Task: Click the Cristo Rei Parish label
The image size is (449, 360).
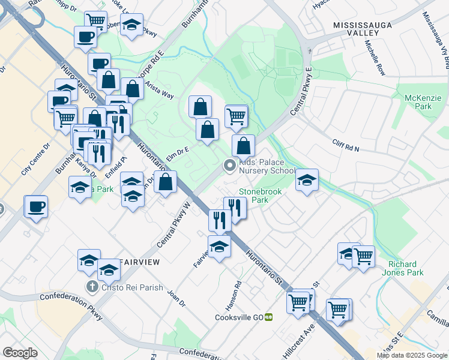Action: [132, 287]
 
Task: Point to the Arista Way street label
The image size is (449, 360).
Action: [159, 93]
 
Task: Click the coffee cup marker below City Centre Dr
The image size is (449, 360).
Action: [37, 207]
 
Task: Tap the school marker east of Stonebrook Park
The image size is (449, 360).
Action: [307, 181]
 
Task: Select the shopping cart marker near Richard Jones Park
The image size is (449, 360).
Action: [364, 257]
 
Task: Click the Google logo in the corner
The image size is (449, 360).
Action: [20, 353]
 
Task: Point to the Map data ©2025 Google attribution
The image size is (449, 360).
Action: [412, 355]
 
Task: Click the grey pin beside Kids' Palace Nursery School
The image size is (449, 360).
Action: [229, 166]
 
